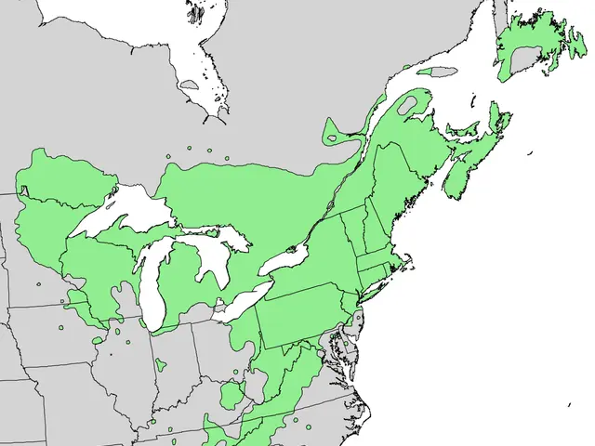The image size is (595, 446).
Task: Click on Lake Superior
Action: pyautogui.click(x=126, y=209)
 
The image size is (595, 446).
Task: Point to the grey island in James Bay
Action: pyautogui.click(x=189, y=85)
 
